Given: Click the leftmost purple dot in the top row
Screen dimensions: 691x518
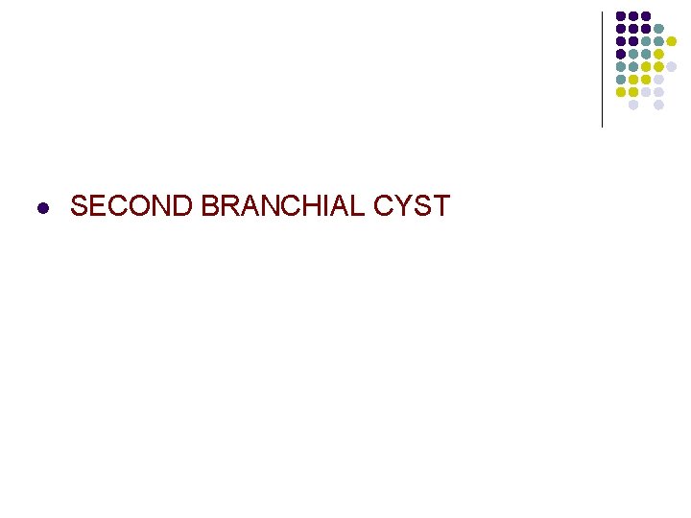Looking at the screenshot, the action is pyautogui.click(x=621, y=16).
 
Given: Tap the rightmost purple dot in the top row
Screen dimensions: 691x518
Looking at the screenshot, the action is pyautogui.click(x=646, y=16).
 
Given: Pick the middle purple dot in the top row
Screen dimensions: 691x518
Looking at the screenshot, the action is pyautogui.click(x=633, y=16).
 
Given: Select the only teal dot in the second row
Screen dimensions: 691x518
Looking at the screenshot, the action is pyautogui.click(x=658, y=29).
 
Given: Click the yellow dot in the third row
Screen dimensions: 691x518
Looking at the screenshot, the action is pyautogui.click(x=672, y=41).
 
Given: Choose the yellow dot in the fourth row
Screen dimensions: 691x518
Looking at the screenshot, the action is pyautogui.click(x=658, y=54).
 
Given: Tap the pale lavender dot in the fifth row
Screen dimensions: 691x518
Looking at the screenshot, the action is pyautogui.click(x=672, y=66).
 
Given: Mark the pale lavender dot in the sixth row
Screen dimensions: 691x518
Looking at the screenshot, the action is pyautogui.click(x=658, y=80).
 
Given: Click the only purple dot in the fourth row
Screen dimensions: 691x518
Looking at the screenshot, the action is pyautogui.click(x=621, y=54).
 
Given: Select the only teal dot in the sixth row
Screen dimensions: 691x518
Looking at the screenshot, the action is pyautogui.click(x=621, y=80).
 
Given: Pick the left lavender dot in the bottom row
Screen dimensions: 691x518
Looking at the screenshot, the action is pyautogui.click(x=633, y=105).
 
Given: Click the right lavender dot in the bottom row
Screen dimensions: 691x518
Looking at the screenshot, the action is pyautogui.click(x=658, y=105).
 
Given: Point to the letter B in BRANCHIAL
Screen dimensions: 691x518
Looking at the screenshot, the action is pyautogui.click(x=210, y=206).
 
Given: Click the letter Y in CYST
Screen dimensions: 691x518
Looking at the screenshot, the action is pyautogui.click(x=390, y=206).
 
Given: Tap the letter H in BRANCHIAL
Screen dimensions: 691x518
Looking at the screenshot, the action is pyautogui.click(x=292, y=206).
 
